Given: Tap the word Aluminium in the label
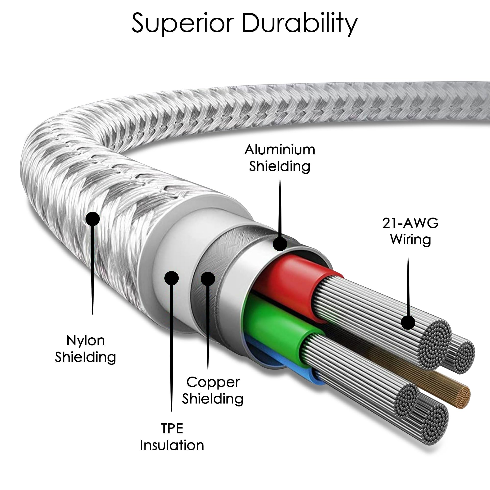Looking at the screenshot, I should [x=280, y=150].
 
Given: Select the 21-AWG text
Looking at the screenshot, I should [x=410, y=223].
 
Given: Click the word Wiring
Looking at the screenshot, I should [x=411, y=239].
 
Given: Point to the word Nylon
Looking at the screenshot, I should [x=86, y=340].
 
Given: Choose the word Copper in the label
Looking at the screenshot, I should [x=213, y=382].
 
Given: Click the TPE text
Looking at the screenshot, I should [x=172, y=429].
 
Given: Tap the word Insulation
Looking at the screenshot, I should [x=172, y=445].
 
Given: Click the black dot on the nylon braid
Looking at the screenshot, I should [x=93, y=219].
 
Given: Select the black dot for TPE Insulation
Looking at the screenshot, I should [x=171, y=278].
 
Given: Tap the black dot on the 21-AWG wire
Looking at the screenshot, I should [x=408, y=322].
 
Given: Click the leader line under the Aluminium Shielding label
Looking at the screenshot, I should [x=280, y=208].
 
